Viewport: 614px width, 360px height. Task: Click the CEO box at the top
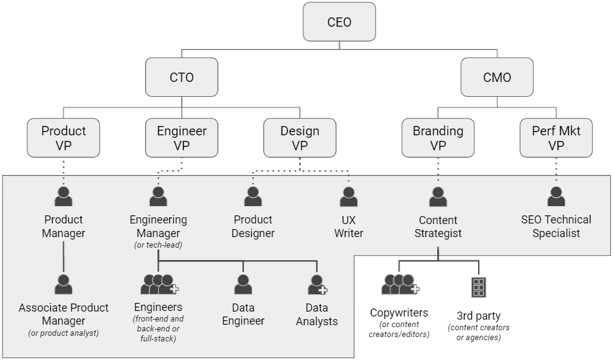(339, 22)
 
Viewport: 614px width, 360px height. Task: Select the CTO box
(182, 77)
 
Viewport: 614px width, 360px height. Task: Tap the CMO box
(497, 77)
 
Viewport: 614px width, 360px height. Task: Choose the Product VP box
(63, 138)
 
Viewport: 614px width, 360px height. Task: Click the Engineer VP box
(182, 138)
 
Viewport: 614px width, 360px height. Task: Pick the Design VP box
(300, 138)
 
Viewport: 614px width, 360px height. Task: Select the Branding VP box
(438, 138)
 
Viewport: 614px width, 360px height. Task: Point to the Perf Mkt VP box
(556, 138)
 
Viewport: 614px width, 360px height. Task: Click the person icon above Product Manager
(63, 196)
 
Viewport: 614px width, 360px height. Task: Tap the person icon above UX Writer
(349, 196)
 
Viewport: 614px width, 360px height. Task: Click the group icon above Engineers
(159, 284)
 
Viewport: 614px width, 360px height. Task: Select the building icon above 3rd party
(478, 287)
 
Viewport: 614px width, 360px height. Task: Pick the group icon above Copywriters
(399, 284)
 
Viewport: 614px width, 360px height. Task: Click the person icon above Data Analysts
(317, 284)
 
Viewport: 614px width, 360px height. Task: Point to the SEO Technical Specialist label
(556, 227)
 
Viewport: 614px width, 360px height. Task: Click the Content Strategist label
(438, 227)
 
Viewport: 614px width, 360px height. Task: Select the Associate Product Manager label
(63, 314)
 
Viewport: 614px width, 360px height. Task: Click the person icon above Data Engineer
(243, 284)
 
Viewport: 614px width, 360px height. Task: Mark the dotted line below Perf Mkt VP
(556, 171)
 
